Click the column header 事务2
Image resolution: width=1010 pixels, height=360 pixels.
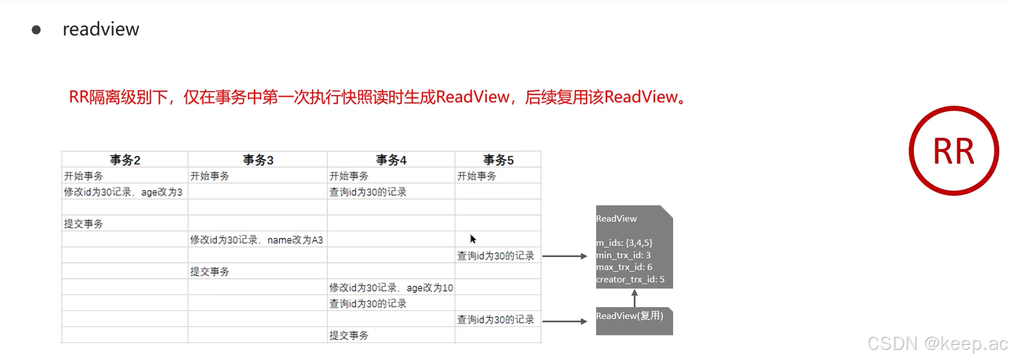125,160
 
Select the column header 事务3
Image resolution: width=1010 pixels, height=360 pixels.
258,160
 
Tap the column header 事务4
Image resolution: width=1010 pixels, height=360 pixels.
391,160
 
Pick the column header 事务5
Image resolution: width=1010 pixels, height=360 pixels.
498,160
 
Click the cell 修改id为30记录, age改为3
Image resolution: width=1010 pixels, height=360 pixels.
123,192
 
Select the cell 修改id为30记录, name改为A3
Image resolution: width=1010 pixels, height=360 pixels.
256,240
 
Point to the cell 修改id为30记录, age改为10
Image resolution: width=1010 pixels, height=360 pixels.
391,287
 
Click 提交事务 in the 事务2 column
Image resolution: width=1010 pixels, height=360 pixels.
83,224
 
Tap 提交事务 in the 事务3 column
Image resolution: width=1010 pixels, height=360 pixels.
210,272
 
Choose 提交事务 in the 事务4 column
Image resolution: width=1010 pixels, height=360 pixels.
349,335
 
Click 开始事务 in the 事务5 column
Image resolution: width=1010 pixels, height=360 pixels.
477,176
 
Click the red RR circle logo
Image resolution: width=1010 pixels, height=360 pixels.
954,151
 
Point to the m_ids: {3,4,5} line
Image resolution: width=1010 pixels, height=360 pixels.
624,243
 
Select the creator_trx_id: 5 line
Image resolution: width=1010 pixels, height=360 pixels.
630,280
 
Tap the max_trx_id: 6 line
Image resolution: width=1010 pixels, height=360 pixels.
624,267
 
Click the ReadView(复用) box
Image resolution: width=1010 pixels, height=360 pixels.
634,321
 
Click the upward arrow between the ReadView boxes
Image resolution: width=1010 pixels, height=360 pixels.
634,298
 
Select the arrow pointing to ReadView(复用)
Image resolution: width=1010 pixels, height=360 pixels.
565,321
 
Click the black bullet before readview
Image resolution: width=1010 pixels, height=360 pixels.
37,30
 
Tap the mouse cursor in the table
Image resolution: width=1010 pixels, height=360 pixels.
473,238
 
